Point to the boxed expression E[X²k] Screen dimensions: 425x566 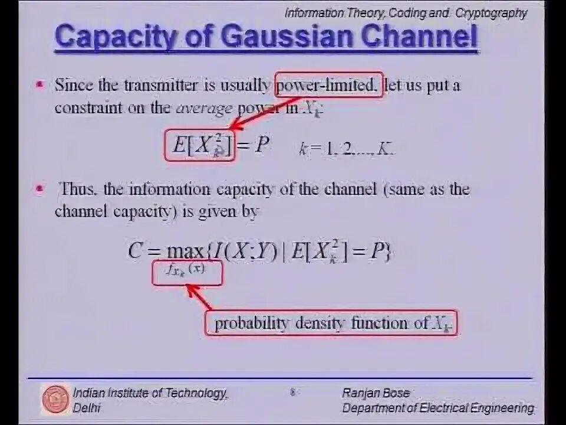[199, 146]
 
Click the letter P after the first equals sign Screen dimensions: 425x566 [262, 145]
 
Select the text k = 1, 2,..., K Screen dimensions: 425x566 [347, 149]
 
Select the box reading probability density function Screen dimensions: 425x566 [331, 323]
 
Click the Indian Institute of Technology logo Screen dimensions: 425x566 [55, 399]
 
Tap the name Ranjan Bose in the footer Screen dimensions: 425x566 [376, 393]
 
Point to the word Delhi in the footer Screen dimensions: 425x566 [87, 408]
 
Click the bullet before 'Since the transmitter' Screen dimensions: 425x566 [40, 85]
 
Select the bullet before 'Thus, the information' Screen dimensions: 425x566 [40, 189]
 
